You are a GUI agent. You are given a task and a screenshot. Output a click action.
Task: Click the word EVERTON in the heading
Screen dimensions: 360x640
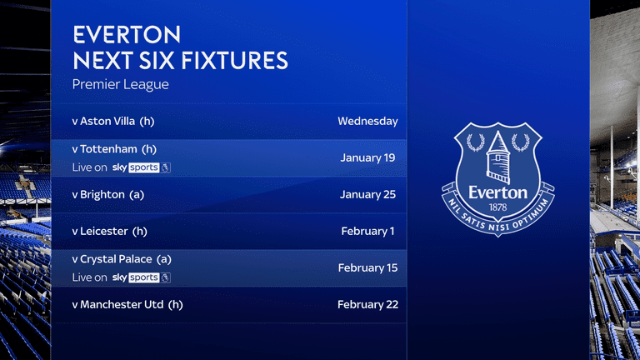(x=127, y=35)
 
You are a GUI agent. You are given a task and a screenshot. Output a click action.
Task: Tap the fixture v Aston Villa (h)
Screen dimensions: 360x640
(x=113, y=121)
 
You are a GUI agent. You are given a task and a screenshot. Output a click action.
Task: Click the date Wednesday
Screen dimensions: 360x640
(x=367, y=121)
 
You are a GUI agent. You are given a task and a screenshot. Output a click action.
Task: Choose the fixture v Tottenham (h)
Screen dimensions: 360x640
(x=114, y=149)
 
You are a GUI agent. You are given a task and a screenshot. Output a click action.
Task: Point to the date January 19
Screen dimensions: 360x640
(x=367, y=157)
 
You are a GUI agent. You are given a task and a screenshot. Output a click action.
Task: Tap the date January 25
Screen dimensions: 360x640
(x=367, y=194)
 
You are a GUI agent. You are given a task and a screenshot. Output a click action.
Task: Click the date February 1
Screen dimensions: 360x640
(x=367, y=231)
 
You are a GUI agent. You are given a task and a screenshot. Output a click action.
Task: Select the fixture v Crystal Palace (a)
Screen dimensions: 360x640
(x=122, y=259)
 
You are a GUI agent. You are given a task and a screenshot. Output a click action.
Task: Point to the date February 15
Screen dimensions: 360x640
(x=367, y=267)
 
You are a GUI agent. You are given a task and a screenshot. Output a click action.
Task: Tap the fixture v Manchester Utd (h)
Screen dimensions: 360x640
(x=127, y=304)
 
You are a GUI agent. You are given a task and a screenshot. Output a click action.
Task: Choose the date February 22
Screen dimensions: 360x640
(x=367, y=304)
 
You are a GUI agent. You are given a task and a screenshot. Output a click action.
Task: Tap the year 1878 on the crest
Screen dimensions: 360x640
(x=497, y=206)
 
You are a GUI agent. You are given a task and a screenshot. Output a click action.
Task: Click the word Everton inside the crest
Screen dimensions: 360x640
(x=497, y=192)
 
